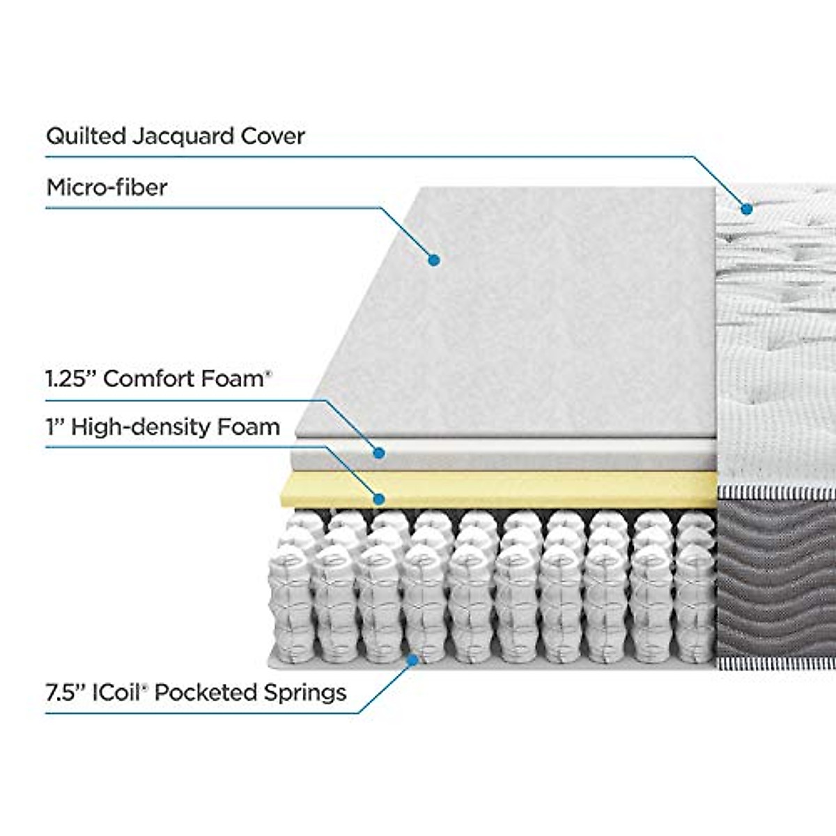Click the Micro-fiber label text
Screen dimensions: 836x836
(107, 187)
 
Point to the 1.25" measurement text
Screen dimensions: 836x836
(71, 379)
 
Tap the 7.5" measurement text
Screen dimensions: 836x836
(65, 692)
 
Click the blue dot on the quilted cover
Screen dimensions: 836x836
(747, 208)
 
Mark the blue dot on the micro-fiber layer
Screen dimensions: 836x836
(433, 260)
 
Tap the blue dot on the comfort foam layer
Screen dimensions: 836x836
(378, 453)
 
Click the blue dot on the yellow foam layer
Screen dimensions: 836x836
(378, 499)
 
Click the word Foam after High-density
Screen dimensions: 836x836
(254, 426)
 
